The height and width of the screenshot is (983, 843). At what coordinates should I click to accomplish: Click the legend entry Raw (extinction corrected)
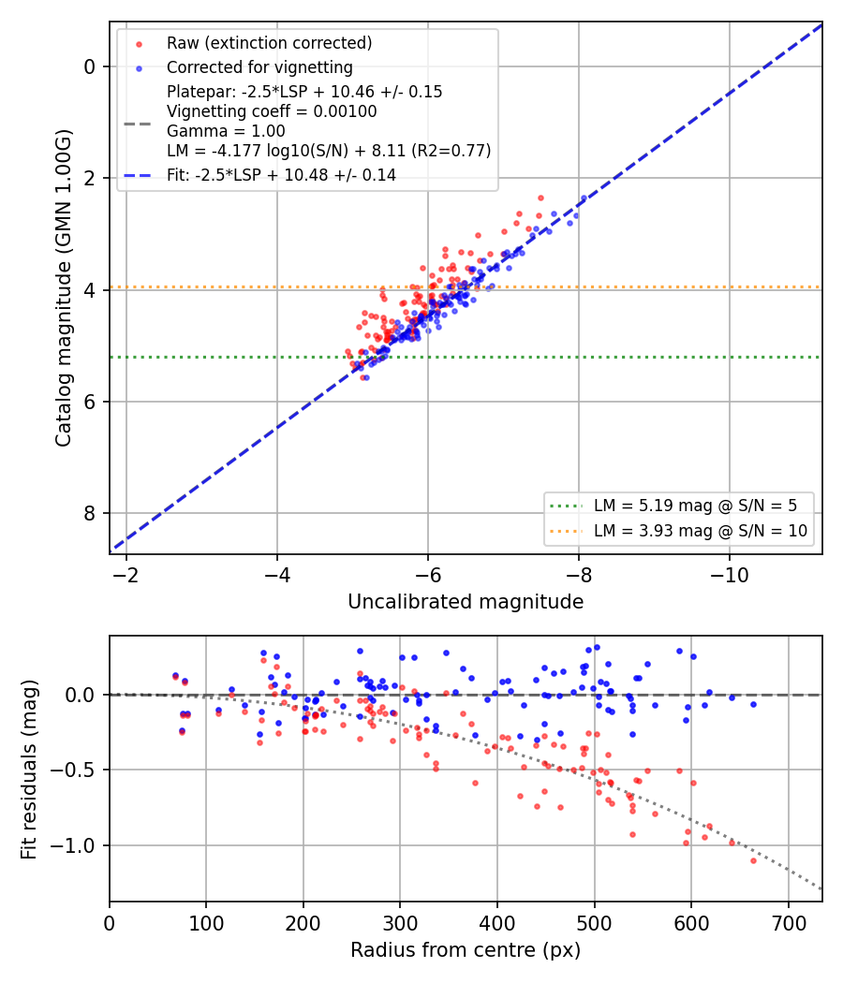click(x=269, y=43)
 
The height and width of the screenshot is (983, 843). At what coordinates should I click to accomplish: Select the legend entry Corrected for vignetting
click(x=259, y=67)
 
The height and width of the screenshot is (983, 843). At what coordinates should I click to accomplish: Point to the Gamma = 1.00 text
click(x=226, y=131)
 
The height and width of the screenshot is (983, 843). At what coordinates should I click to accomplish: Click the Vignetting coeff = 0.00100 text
click(x=272, y=111)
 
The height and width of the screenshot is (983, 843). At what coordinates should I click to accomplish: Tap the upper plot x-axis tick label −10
click(x=729, y=575)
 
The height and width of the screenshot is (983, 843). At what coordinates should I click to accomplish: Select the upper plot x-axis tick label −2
click(x=126, y=575)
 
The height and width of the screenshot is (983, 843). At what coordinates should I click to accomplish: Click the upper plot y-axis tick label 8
click(x=90, y=513)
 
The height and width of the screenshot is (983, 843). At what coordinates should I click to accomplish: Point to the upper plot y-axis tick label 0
click(x=90, y=66)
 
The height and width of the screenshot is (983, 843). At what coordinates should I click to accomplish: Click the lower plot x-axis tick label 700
click(x=788, y=923)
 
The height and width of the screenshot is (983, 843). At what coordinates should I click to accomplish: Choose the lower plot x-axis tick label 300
click(x=400, y=923)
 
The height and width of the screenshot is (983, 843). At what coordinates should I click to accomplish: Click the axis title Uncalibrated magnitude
click(x=466, y=602)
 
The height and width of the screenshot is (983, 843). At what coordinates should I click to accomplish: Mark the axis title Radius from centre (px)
click(x=466, y=950)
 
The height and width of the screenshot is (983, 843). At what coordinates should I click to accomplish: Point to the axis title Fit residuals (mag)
click(x=29, y=770)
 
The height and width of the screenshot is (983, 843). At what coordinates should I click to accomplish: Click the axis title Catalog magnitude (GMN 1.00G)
click(x=64, y=288)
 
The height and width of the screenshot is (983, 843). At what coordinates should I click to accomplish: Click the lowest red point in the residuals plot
click(x=753, y=860)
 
